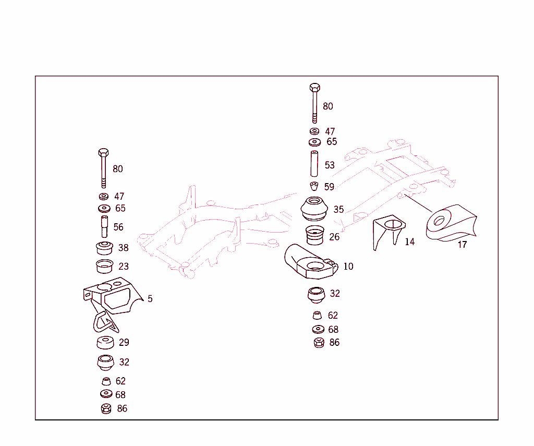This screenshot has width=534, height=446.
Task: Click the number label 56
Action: (118, 227)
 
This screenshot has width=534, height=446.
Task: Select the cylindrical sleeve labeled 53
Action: (314, 164)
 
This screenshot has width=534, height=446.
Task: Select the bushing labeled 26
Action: (314, 236)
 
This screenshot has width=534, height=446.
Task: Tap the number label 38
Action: (123, 248)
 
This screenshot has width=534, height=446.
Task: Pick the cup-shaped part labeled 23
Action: (105, 266)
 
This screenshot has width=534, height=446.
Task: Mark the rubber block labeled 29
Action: (105, 343)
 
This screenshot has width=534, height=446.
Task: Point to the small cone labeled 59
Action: (314, 186)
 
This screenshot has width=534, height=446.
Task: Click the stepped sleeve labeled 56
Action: (104, 226)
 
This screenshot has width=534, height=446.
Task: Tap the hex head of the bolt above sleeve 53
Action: (314, 87)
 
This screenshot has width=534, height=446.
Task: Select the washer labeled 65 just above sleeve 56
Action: (104, 209)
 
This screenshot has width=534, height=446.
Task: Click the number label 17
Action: (462, 245)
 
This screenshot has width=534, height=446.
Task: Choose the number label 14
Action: (410, 242)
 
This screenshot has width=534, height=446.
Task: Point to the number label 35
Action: (338, 210)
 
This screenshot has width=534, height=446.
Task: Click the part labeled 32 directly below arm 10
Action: (315, 295)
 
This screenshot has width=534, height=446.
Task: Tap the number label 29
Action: (124, 343)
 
